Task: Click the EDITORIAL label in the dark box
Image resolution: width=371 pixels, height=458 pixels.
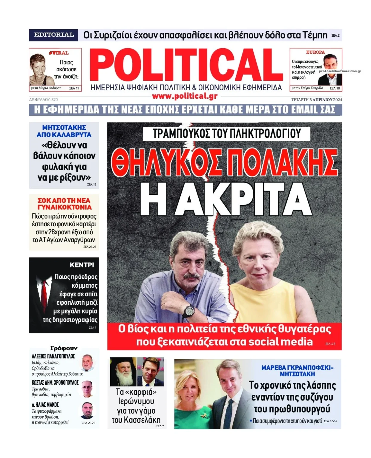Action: [x=54, y=35]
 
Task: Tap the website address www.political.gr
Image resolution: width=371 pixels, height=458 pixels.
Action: [x=185, y=96]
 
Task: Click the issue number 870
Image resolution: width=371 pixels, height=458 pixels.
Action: [x=54, y=100]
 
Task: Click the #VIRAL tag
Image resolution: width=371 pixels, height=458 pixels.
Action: [x=59, y=53]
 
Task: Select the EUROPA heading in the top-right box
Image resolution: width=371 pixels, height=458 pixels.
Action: [x=315, y=52]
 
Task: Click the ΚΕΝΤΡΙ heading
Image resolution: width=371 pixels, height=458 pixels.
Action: [x=82, y=265]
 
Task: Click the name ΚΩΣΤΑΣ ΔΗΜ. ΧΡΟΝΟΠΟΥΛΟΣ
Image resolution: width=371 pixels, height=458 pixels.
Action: [x=55, y=383]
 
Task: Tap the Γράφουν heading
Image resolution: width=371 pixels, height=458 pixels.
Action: [x=64, y=348]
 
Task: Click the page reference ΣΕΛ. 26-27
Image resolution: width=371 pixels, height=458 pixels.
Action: [x=90, y=247]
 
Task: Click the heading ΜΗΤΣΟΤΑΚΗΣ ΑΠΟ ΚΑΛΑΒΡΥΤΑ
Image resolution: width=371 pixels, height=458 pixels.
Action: [x=64, y=131]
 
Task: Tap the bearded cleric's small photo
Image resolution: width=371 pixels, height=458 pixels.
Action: [x=123, y=372]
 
